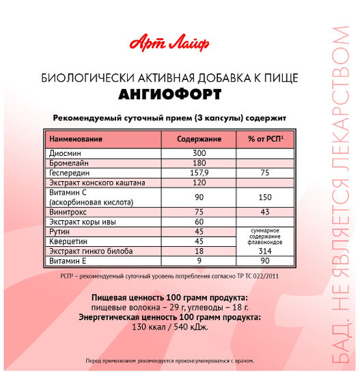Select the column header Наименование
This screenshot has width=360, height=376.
tap(76, 139)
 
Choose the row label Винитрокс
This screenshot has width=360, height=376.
tap(70, 212)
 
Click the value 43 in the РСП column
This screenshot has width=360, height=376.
tap(265, 212)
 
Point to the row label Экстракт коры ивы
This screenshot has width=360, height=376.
tap(85, 222)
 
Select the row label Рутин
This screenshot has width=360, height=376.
tap(61, 232)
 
